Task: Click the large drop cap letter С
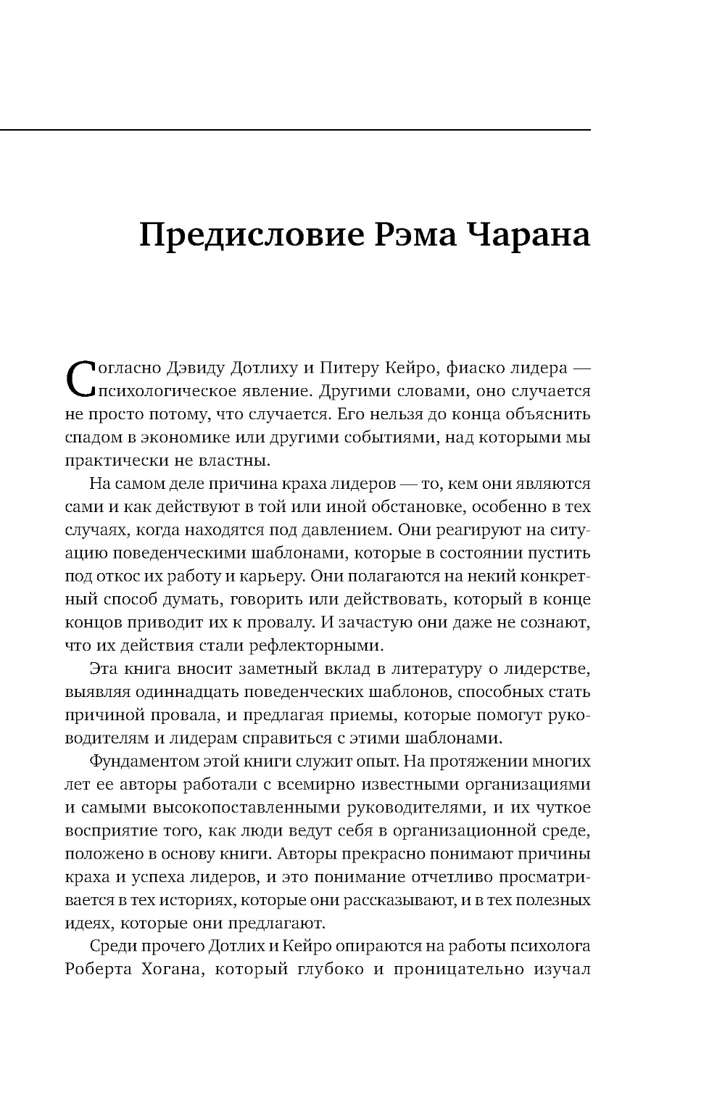(x=81, y=378)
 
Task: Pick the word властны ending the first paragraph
(x=220, y=461)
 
